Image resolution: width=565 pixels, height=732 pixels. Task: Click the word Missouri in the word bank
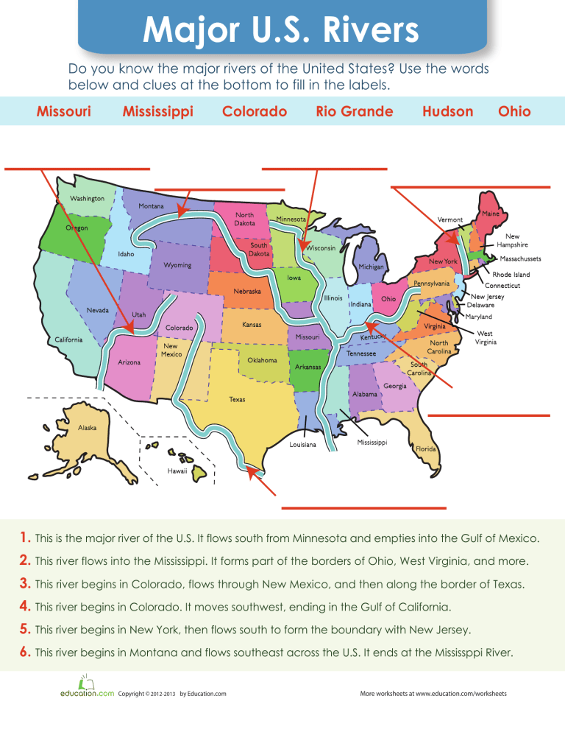64,111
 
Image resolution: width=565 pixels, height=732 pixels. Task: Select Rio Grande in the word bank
354,111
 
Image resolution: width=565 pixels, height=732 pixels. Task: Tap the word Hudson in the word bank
448,111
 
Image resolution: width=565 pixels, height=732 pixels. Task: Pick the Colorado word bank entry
255,111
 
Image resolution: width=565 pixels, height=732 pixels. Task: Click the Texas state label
237,400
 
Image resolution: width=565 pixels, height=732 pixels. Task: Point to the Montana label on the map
151,205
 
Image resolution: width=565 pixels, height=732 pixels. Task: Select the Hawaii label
177,471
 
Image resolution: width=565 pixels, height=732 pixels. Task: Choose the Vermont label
449,219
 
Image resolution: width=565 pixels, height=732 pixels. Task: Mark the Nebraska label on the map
247,292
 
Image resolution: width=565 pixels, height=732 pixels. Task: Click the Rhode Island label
511,275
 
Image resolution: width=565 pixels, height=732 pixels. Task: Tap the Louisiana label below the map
303,445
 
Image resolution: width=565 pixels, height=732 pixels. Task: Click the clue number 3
25,585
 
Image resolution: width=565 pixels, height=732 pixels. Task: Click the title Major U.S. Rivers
282,32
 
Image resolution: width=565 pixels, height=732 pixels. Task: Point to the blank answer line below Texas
364,508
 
